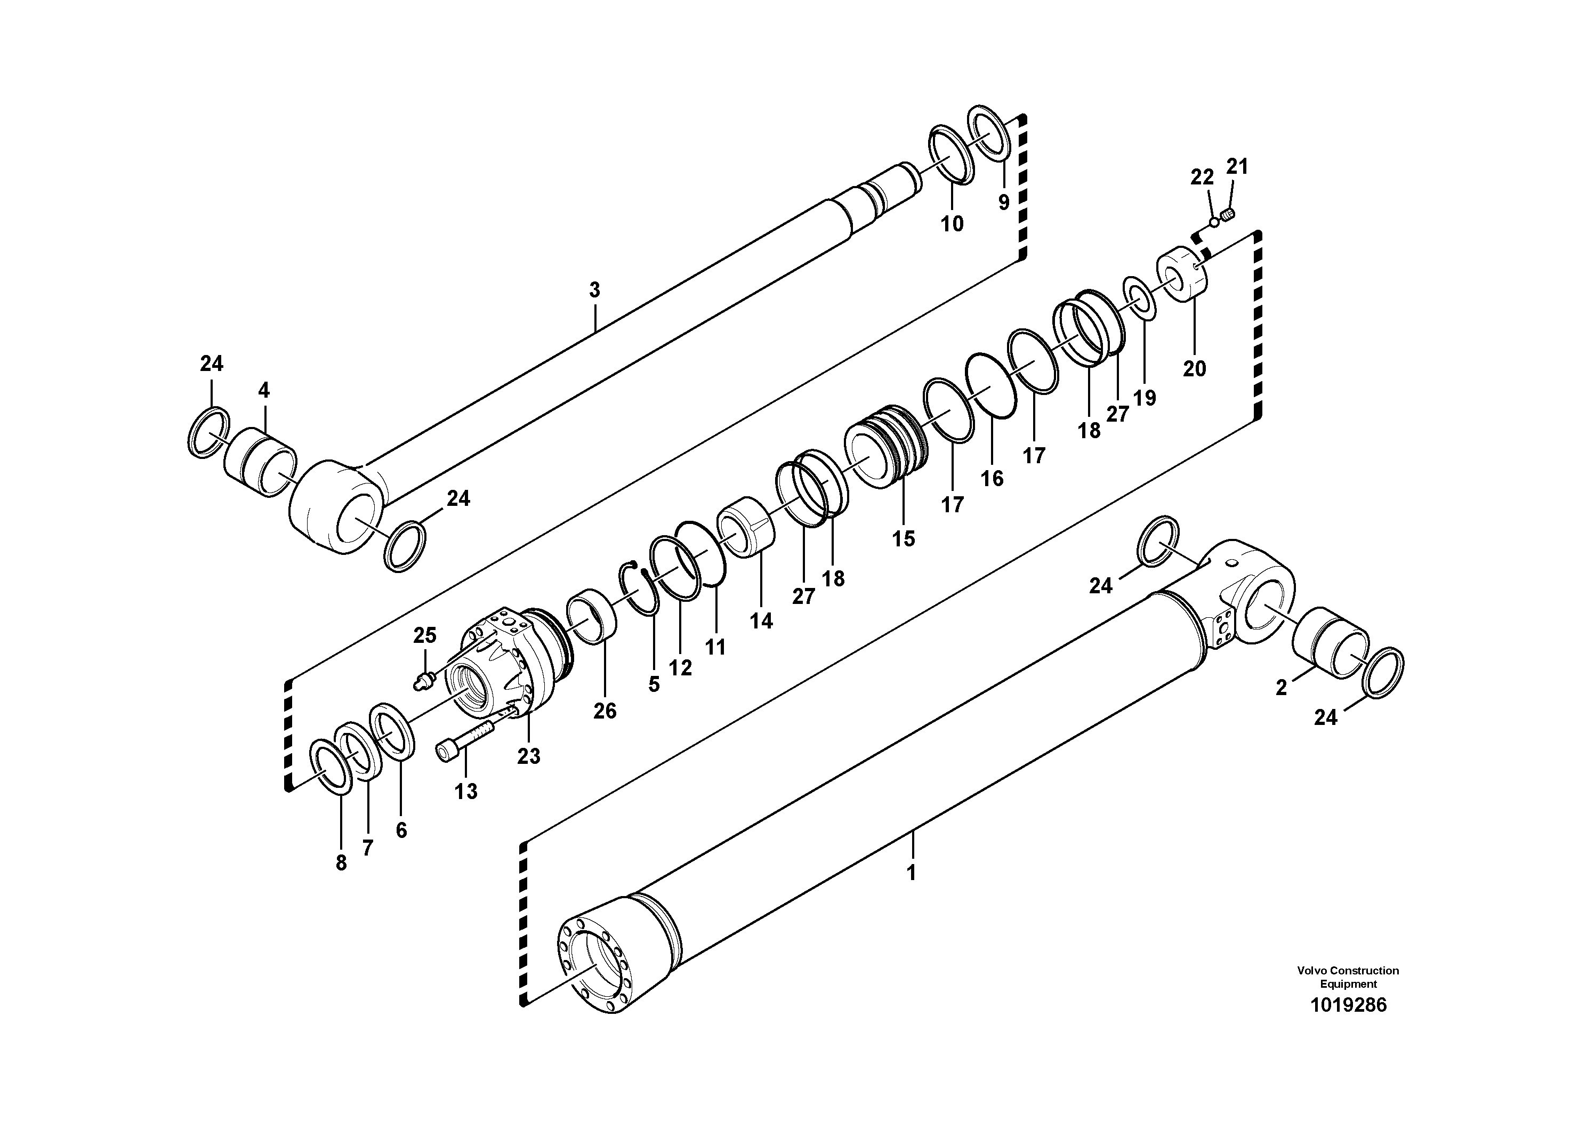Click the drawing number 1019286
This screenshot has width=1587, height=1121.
(1348, 1005)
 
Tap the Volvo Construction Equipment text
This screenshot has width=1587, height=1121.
(1348, 977)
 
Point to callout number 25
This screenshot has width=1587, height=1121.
(424, 635)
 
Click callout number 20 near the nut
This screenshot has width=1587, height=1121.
(1194, 368)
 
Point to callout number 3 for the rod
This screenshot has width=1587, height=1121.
(594, 291)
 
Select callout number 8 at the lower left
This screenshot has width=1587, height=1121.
(341, 863)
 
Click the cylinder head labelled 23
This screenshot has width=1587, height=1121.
(511, 664)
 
